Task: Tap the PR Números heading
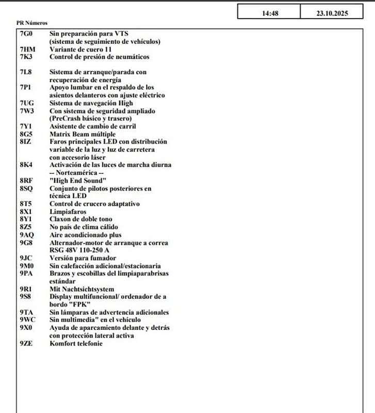tap(32, 23)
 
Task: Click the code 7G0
tap(26, 34)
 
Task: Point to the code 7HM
tap(27, 49)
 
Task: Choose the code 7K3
tap(26, 57)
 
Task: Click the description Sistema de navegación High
tap(88, 103)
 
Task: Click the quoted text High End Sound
tap(78, 181)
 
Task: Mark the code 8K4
tap(26, 165)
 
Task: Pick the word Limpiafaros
tap(67, 212)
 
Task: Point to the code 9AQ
tap(27, 235)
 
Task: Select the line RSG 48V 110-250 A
tap(79, 250)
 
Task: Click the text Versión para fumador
tap(83, 258)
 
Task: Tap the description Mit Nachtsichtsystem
tap(82, 289)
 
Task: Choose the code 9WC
tap(27, 320)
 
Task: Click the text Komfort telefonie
tap(76, 343)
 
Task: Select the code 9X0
tap(26, 328)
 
